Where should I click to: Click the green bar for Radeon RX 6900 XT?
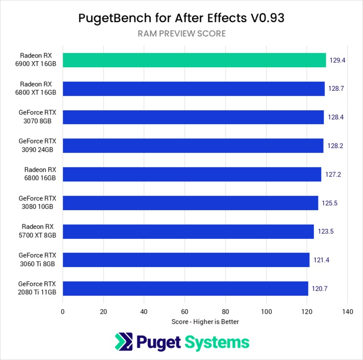point(194,60)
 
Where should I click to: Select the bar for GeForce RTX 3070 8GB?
point(193,117)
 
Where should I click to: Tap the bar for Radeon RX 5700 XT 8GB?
point(188,232)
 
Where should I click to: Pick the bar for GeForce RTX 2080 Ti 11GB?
point(186,288)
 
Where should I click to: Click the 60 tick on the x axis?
point(185,312)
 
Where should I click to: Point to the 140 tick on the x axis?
point(348,312)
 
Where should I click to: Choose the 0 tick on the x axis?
point(63,312)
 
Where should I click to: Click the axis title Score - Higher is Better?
point(205,321)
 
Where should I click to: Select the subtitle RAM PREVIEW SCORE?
point(181,34)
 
